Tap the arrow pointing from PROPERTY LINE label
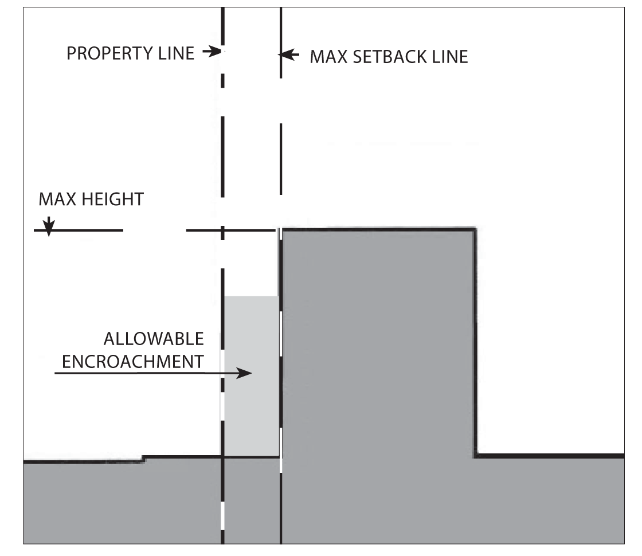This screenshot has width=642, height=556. pos(212,53)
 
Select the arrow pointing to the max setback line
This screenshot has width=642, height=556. pos(289,55)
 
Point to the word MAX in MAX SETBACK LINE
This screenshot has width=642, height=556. pos(325,57)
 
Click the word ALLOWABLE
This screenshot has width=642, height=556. pos(153,339)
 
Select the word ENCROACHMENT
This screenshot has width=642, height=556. pos(132,362)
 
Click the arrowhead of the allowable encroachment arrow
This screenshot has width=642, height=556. pos(246,373)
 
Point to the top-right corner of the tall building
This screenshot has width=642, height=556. pos(475,229)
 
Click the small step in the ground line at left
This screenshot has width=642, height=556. pos(142,458)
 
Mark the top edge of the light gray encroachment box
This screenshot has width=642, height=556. pos(251,296)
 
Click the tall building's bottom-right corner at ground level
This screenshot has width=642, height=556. pos(476,456)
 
